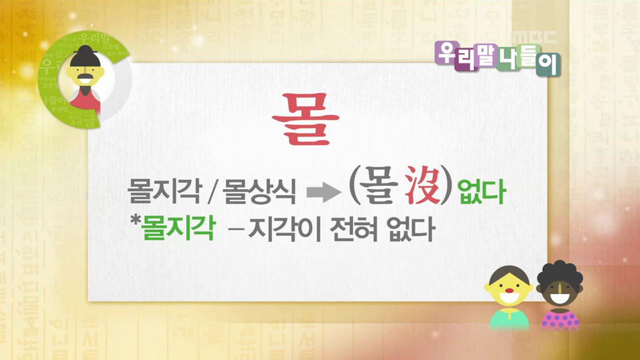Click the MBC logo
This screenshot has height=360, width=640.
pos(534,37)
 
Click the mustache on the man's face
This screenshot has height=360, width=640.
pos(85,78)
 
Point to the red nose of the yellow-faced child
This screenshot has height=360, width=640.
pos(509,288)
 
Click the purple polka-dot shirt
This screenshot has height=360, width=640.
pos(560,319)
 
